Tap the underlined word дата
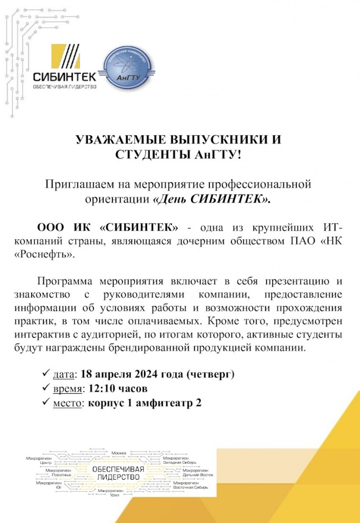pos(64,375)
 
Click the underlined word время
pos(67,389)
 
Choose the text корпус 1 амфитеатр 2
pos(145,403)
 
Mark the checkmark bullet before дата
pos(46,375)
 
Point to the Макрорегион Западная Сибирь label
pos(176,461)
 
